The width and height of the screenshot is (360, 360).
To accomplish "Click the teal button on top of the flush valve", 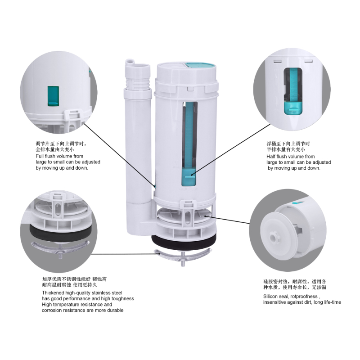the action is (201, 65).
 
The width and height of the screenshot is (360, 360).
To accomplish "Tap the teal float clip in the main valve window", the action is (189, 177).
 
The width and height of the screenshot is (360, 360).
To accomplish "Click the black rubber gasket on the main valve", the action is (184, 243).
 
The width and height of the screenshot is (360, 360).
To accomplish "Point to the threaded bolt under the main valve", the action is (183, 259).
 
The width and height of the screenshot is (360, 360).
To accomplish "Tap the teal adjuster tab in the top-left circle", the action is (53, 96).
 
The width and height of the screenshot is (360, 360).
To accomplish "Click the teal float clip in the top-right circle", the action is (293, 108).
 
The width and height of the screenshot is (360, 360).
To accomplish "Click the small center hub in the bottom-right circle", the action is (274, 238).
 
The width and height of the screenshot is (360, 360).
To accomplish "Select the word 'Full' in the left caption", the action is (39, 156).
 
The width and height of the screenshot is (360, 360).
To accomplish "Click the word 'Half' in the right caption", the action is (270, 157).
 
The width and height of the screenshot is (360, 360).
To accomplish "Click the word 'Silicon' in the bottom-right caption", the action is (270, 297).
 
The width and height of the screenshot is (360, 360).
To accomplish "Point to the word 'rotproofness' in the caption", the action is (303, 297).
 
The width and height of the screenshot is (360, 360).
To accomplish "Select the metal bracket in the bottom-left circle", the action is (60, 247).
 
